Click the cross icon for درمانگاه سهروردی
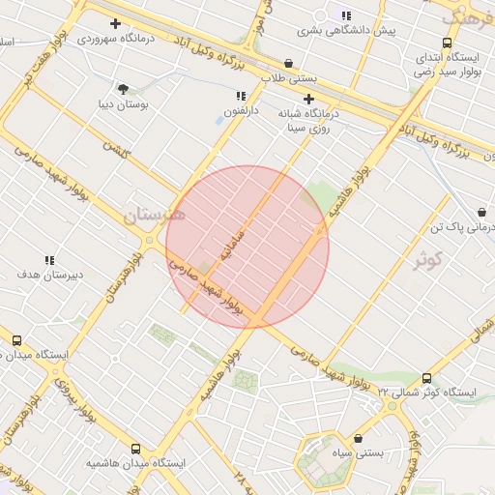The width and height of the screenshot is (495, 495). point(116,22)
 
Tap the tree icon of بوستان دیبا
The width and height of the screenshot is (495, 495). point(122,88)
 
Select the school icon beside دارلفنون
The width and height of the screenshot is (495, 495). point(241,96)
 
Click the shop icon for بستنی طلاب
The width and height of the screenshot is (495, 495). point(289,64)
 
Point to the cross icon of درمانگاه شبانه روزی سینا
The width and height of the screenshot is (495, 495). point(308,99)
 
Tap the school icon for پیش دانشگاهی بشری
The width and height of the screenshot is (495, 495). point(346,15)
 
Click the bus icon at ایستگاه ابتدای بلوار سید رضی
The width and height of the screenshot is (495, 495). point(447,43)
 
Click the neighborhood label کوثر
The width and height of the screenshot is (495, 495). point(426,260)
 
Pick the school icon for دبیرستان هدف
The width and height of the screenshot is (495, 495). point(49,260)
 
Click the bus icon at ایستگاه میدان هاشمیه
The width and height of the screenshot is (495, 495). point(135,449)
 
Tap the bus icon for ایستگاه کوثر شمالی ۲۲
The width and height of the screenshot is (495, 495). point(427,378)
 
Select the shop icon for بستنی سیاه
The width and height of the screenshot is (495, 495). point(359,439)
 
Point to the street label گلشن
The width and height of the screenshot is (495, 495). point(117,153)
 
